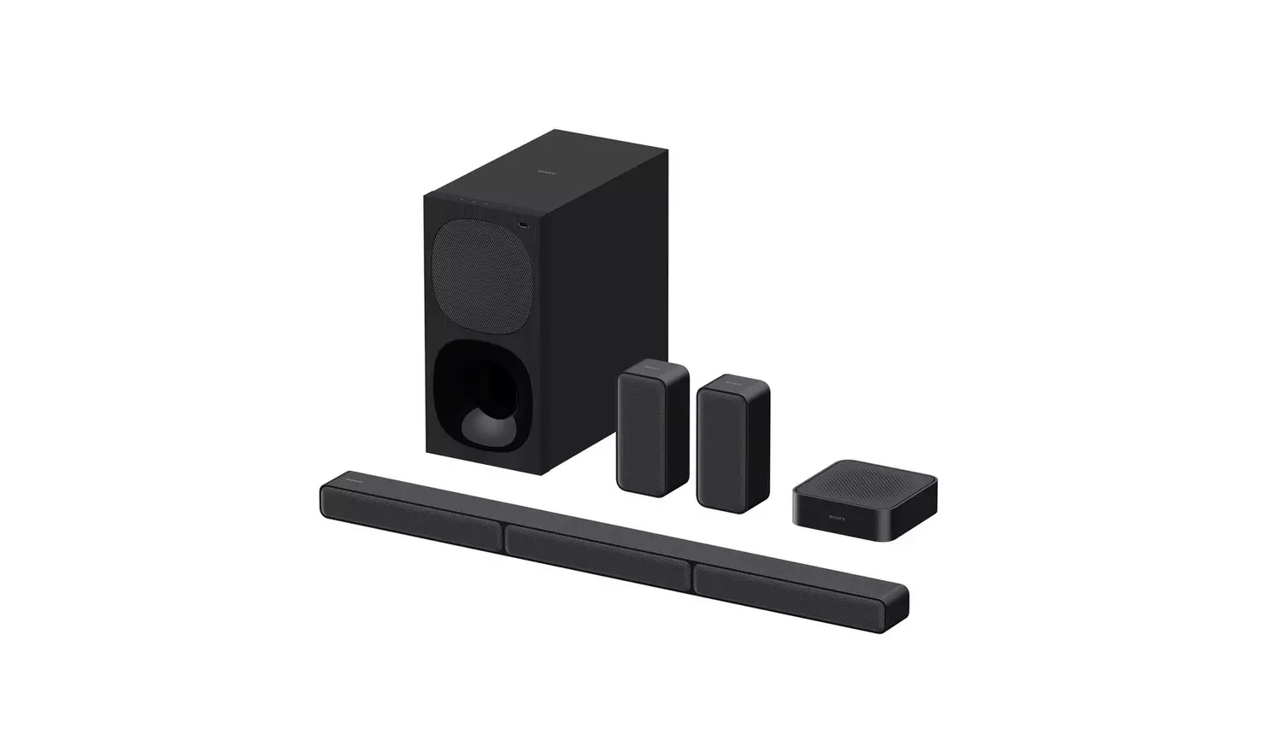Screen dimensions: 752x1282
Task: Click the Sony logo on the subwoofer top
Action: (544, 171)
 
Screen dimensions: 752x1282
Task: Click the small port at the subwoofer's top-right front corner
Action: (523, 226)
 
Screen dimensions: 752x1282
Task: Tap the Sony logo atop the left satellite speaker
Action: (651, 368)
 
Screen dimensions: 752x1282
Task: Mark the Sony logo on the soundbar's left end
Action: (353, 483)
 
